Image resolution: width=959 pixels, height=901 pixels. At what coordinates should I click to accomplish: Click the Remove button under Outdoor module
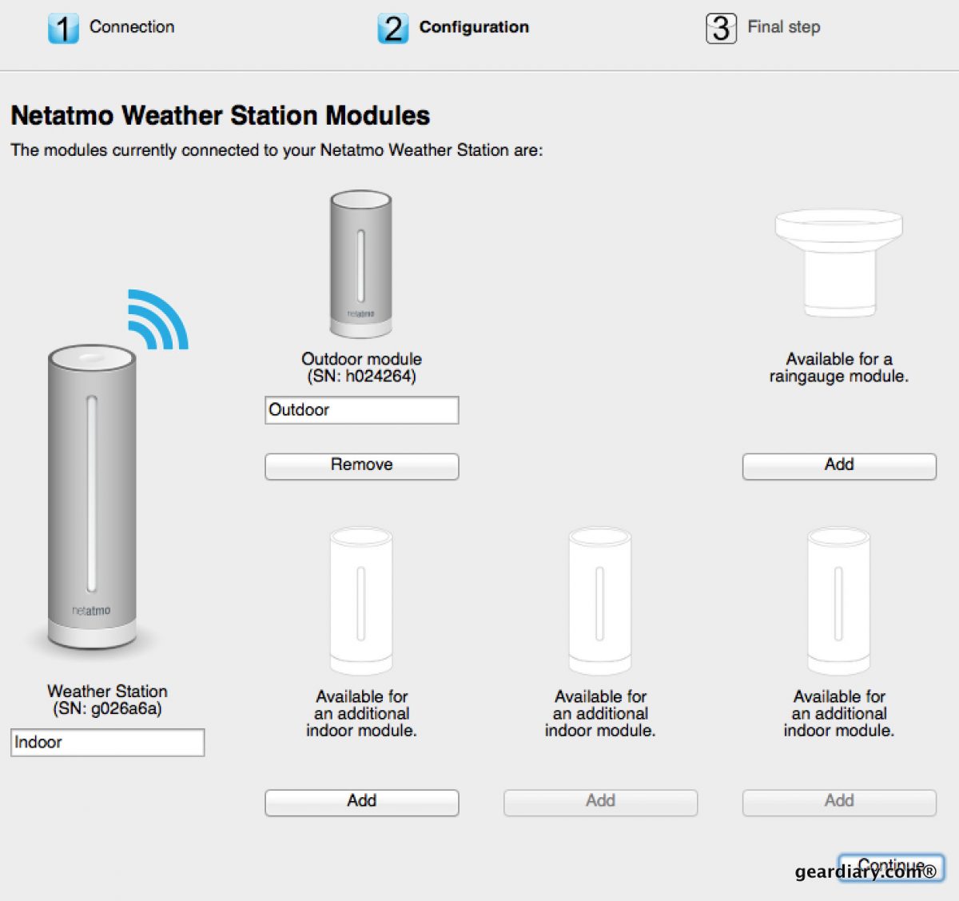361,466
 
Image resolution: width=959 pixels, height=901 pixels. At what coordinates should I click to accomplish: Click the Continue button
891,867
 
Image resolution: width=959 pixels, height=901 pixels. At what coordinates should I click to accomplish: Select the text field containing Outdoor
361,410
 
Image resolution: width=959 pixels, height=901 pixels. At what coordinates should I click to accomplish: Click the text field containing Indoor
107,742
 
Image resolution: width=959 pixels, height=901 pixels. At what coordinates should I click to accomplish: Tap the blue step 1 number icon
63,29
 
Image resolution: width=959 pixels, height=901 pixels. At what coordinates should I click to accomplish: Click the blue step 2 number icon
392,29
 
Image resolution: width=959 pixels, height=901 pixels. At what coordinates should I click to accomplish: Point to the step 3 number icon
721,29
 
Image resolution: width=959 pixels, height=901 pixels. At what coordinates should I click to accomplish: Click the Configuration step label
474,27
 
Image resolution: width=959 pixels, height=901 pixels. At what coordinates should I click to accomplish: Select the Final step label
783,27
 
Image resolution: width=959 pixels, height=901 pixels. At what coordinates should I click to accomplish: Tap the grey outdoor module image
361,264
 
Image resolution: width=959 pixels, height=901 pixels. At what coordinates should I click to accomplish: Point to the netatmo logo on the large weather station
91,611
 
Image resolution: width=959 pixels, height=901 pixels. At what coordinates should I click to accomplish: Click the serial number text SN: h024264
361,377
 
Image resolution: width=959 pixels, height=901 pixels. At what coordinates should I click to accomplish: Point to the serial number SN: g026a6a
107,709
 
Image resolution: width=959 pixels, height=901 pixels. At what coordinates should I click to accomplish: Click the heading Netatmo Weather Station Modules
220,116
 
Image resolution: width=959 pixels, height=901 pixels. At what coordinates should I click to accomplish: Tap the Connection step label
132,27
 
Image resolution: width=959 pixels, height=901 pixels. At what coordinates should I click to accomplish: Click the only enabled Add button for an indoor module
361,802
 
